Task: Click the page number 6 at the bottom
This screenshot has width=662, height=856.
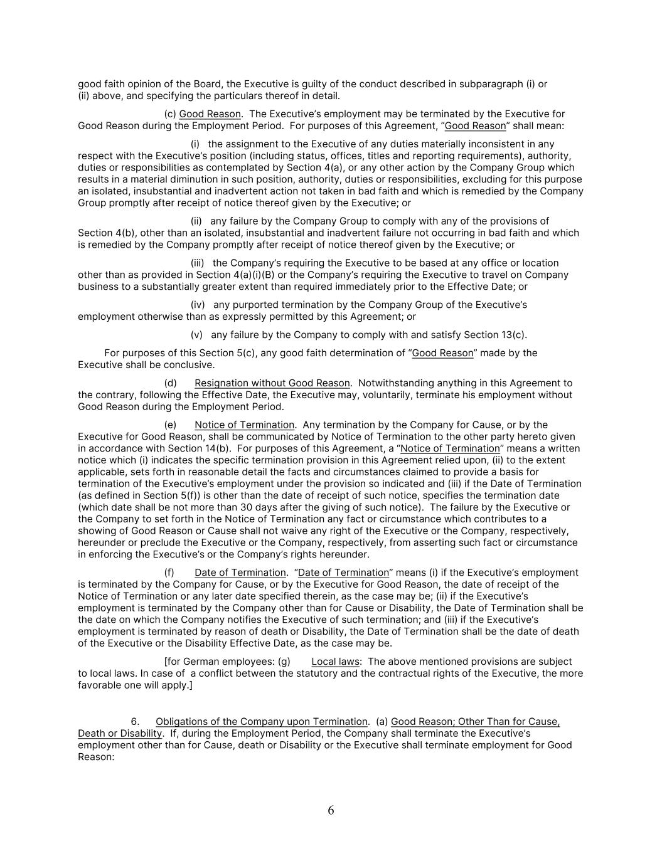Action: point(331,810)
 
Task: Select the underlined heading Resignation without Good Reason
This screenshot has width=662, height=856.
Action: point(272,383)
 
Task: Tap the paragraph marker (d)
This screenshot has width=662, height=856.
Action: point(170,383)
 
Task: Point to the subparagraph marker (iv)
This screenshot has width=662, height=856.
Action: point(199,305)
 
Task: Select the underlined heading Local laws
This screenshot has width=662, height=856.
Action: point(335,662)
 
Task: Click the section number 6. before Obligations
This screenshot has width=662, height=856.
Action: point(135,722)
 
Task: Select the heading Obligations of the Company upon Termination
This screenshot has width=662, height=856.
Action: point(261,722)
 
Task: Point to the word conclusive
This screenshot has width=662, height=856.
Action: point(190,365)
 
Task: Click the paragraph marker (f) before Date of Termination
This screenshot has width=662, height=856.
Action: point(169,573)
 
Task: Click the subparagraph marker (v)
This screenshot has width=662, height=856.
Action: point(196,335)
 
